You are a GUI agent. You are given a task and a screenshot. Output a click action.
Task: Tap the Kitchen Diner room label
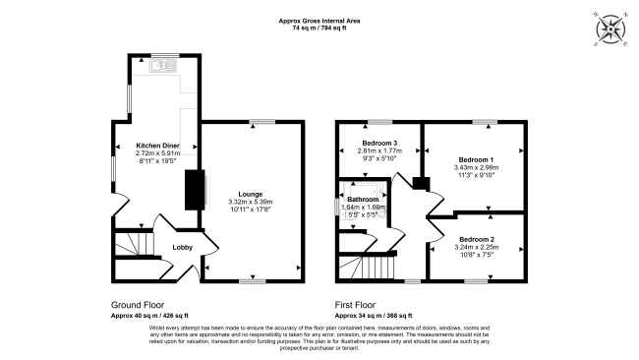(157, 146)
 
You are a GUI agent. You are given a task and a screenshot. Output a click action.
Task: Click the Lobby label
(183, 247)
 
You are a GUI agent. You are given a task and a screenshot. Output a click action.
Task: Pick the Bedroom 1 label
(477, 159)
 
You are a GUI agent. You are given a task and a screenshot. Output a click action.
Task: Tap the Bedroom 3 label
(378, 143)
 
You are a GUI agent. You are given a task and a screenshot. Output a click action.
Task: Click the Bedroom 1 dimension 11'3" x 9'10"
(477, 176)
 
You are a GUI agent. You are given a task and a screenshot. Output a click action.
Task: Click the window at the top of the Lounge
(261, 122)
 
